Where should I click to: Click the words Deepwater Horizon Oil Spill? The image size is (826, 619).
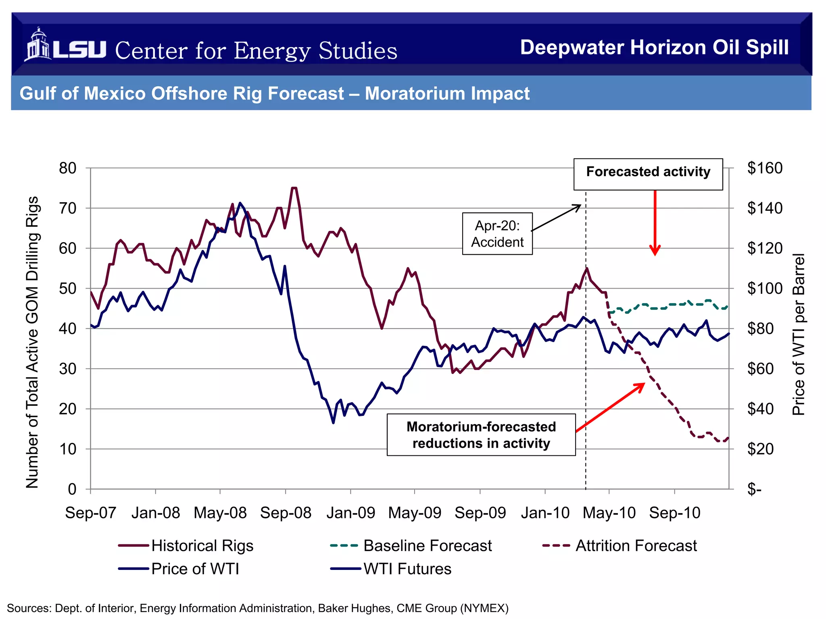[x=654, y=48]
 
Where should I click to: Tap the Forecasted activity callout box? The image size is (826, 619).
[x=648, y=174]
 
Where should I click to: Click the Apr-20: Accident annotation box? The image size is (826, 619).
[x=497, y=234]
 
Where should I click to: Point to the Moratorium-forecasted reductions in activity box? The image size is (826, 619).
[x=481, y=435]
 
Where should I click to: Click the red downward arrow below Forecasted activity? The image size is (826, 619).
[x=655, y=224]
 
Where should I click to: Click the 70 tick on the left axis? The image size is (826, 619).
[x=68, y=208]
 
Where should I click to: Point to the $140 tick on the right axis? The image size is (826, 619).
[x=764, y=208]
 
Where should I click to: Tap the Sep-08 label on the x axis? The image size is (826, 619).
[x=286, y=513]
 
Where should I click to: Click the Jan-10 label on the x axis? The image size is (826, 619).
[x=545, y=513]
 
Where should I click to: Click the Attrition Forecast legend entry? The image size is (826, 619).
[x=620, y=546]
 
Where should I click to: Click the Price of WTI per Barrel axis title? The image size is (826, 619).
[x=799, y=334]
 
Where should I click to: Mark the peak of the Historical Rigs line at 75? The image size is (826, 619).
[x=294, y=188]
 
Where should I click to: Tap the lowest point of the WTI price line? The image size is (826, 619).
[x=333, y=422]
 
